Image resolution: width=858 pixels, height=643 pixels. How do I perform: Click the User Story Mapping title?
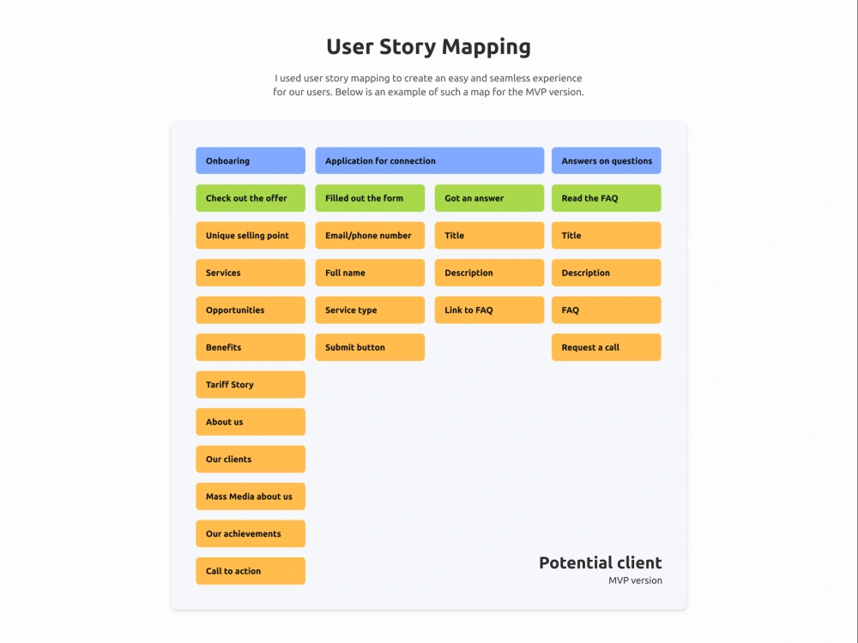pos(428,47)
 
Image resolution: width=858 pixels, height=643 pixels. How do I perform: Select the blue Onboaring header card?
pos(251,161)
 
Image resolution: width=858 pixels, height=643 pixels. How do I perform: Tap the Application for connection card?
pos(430,161)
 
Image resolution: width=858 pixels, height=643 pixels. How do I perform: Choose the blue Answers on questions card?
pos(607,161)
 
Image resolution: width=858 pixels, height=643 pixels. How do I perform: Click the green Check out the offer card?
pos(251,198)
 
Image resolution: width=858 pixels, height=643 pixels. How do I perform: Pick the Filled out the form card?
pos(370,198)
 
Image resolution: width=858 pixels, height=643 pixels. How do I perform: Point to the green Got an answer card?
pos(489,198)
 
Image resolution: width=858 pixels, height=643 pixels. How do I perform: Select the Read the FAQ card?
pos(607,198)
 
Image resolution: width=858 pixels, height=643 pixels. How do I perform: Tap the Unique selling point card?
pos(251,235)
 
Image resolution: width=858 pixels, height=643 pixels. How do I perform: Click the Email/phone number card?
pos(370,235)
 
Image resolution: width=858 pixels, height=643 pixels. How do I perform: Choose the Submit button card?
pos(370,347)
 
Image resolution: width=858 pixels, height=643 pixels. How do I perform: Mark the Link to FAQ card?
pos(489,310)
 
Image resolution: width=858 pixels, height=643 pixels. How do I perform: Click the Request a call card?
pos(607,347)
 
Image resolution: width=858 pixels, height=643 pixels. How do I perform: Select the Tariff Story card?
pos(251,384)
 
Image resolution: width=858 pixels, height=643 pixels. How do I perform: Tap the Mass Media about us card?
pos(251,496)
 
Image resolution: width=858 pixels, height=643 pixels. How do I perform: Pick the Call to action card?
pos(251,571)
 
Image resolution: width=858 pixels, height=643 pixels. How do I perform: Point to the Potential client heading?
pos(601,562)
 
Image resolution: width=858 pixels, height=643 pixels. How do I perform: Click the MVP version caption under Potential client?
pos(635,580)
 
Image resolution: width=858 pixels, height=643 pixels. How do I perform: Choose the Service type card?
pos(370,310)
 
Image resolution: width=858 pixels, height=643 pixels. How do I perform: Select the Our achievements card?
pos(251,533)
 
